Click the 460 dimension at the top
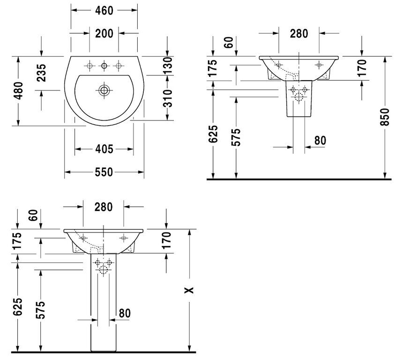pyautogui.click(x=104, y=10)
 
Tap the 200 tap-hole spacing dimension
pyautogui.click(x=104, y=34)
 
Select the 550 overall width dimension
pyautogui.click(x=104, y=172)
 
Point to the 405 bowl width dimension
pyautogui.click(x=104, y=149)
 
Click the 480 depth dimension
pyautogui.click(x=18, y=90)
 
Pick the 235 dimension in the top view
pyautogui.click(x=41, y=73)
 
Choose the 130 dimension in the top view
pyautogui.click(x=168, y=66)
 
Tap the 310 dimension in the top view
pyautogui.click(x=168, y=98)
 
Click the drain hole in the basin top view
pyautogui.click(x=104, y=90)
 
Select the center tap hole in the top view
pyautogui.click(x=104, y=66)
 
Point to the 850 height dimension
pyautogui.click(x=385, y=117)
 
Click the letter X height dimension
pyautogui.click(x=189, y=290)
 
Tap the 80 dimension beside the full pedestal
pyautogui.click(x=125, y=313)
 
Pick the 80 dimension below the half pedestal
pyautogui.click(x=320, y=141)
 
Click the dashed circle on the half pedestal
pyautogui.click(x=299, y=97)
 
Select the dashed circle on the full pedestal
pyautogui.click(x=104, y=270)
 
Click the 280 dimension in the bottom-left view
pyautogui.click(x=104, y=207)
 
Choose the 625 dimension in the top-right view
pyautogui.click(x=213, y=134)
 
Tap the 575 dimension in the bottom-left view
pyautogui.click(x=40, y=310)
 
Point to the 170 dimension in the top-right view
pyautogui.click(x=362, y=68)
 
